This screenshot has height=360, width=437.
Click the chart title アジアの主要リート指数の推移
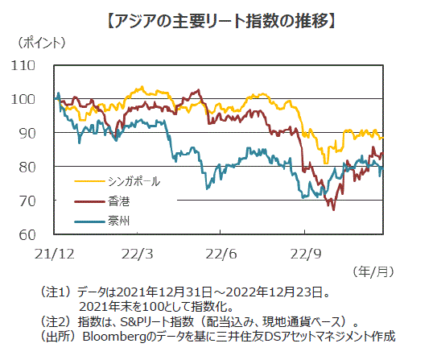[221, 22]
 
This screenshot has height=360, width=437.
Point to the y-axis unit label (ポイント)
[42, 43]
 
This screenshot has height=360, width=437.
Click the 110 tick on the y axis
[23, 66]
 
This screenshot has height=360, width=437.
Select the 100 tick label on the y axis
[23, 100]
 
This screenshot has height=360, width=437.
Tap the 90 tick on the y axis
[27, 134]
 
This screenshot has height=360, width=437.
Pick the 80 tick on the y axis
[27, 168]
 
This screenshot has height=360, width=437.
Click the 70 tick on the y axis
[27, 201]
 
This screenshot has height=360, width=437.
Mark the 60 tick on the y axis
[27, 235]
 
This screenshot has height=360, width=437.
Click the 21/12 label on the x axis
[55, 254]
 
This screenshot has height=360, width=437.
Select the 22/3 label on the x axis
[137, 254]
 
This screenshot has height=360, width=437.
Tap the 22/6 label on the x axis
[221, 254]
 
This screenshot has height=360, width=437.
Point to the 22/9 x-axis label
[306, 254]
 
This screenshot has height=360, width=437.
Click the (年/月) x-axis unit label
[373, 271]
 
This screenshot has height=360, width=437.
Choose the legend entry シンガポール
[134, 181]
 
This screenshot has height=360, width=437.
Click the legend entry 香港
[118, 201]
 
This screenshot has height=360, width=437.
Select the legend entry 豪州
[118, 221]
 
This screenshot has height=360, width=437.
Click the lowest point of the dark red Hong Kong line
[334, 209]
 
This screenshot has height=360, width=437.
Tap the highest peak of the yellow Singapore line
[142, 86]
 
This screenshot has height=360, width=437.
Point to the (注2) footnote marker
[55, 322]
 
